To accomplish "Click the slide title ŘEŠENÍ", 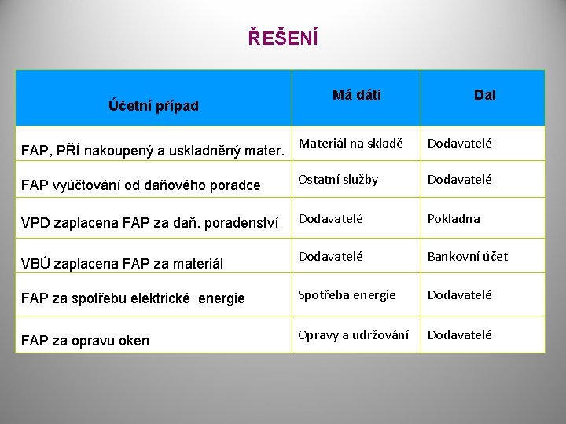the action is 283,37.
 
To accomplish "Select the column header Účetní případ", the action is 154,106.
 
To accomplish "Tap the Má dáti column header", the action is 357,95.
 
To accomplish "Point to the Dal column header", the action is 484,95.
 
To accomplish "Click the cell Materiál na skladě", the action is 351,144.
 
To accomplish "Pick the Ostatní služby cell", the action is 338,180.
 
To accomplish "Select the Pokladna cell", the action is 454,219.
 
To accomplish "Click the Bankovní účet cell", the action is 468,256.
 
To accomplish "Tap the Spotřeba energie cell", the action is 347,295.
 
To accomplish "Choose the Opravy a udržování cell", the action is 354,335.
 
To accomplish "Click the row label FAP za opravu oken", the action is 85,340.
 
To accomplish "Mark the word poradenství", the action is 241,223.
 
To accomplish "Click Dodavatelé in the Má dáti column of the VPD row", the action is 331,219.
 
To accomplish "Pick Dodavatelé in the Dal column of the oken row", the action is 460,335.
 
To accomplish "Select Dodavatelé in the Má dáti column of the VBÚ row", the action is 331,256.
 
